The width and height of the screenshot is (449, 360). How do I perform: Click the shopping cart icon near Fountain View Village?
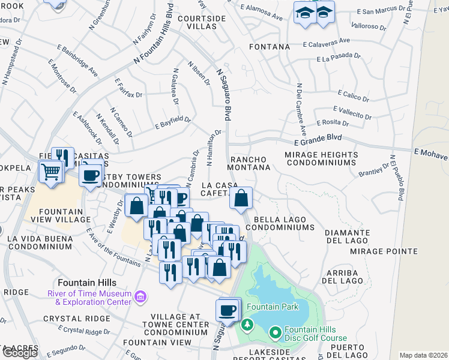tap(51, 172)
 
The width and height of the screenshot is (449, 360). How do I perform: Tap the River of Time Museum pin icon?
tap(140, 296)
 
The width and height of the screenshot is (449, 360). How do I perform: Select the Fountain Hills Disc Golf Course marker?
tap(276, 332)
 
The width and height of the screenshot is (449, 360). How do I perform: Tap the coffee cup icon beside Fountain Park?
tap(228, 310)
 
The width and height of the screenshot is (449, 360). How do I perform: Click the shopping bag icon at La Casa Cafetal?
tap(241, 198)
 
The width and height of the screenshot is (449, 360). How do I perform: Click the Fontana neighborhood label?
tap(271, 46)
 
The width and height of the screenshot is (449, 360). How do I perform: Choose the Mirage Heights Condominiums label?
tap(321, 158)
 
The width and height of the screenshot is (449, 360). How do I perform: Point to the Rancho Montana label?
tap(250, 163)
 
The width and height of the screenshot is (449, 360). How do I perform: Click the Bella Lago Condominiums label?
tap(284, 224)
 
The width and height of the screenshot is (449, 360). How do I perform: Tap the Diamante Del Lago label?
tap(347, 236)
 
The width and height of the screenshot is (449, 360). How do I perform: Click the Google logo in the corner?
tap(20, 353)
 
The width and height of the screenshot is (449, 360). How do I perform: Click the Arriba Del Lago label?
tap(343, 276)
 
